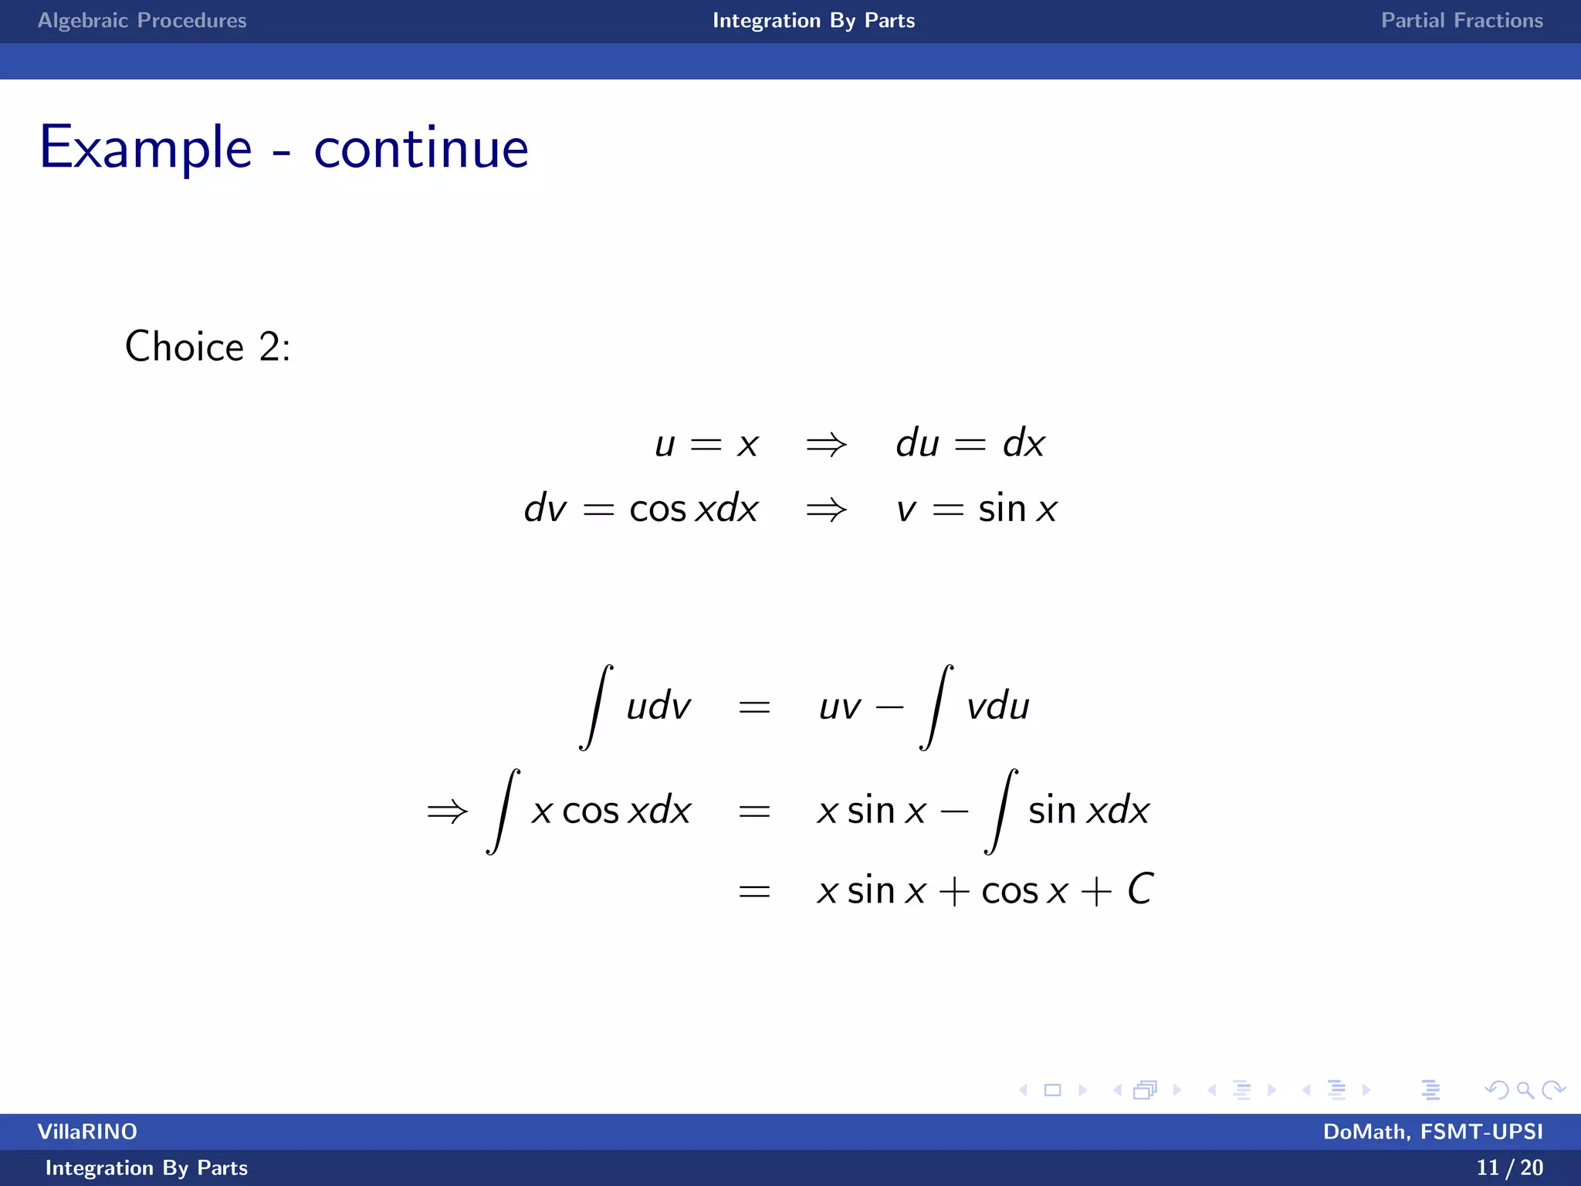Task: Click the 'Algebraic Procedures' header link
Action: (142, 21)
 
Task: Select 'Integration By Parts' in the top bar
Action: (814, 21)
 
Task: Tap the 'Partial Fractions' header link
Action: (1461, 21)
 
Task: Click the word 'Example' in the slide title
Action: (146, 147)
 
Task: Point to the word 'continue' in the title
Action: (421, 147)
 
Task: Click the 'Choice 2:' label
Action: (208, 347)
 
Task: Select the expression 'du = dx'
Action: (970, 444)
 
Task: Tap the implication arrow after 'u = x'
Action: (826, 445)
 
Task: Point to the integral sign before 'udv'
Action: (596, 707)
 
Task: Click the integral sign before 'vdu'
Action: (936, 707)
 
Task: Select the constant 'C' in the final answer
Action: (1140, 889)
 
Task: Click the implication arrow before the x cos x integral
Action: (448, 812)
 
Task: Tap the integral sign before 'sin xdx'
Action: (1000, 812)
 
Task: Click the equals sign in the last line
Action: (754, 892)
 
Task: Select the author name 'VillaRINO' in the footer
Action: (87, 1132)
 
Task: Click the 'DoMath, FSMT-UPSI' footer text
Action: (1433, 1132)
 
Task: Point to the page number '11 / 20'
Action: (1509, 1167)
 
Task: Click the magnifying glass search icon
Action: (1525, 1090)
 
